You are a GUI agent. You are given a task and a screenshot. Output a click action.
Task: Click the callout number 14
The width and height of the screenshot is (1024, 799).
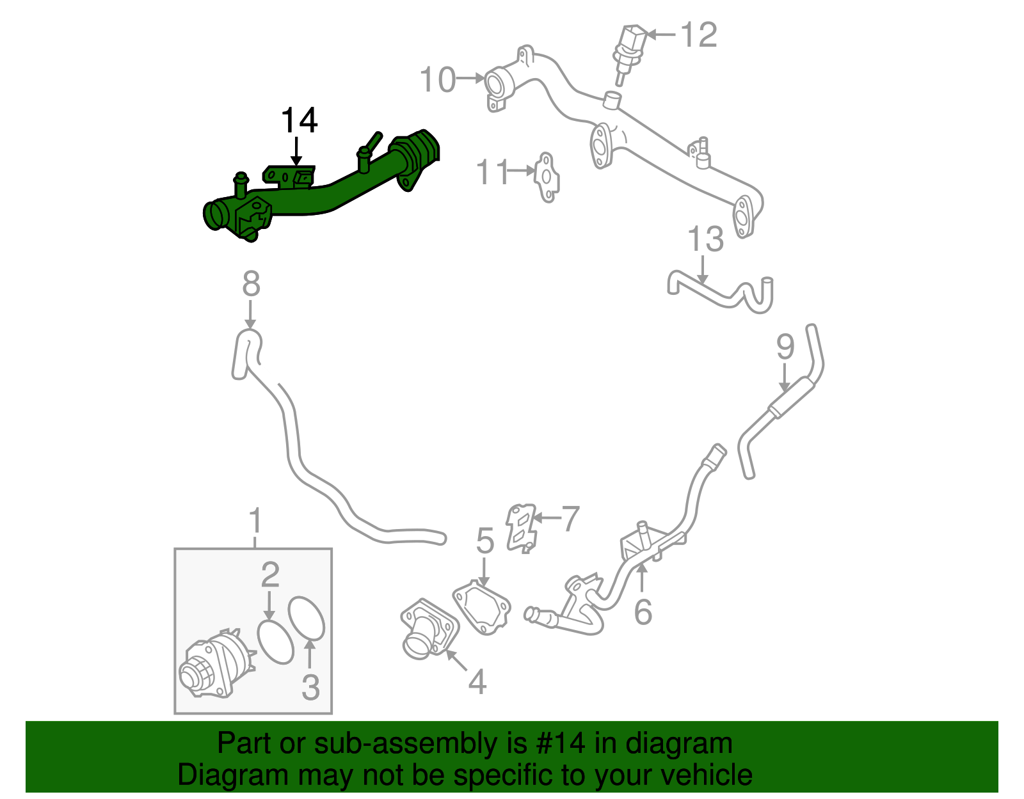coord(300,121)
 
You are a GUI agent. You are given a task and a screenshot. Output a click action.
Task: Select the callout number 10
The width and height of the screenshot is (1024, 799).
coord(438,81)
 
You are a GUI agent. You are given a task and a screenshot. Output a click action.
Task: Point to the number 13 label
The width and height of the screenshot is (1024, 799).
coord(705,240)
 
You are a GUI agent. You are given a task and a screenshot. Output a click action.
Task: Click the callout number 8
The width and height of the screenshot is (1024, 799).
coord(251,283)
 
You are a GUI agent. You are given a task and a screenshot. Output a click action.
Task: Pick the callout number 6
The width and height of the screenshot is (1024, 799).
coord(643,612)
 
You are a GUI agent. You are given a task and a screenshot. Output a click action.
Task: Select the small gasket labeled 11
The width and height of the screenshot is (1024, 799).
coord(547,177)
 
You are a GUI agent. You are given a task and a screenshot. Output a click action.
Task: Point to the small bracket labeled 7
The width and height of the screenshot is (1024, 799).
coord(521,526)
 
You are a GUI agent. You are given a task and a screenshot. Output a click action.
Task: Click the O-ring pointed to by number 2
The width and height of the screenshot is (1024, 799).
coord(276,641)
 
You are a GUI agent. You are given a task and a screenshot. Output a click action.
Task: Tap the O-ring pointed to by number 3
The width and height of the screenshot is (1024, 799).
coord(307,618)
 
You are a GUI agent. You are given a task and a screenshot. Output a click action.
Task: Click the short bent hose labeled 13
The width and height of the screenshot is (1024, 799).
coord(720,294)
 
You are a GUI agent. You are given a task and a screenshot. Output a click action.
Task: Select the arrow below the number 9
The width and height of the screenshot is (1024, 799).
coord(785,379)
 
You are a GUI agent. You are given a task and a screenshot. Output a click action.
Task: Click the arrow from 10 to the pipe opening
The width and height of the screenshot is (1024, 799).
coord(471,79)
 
